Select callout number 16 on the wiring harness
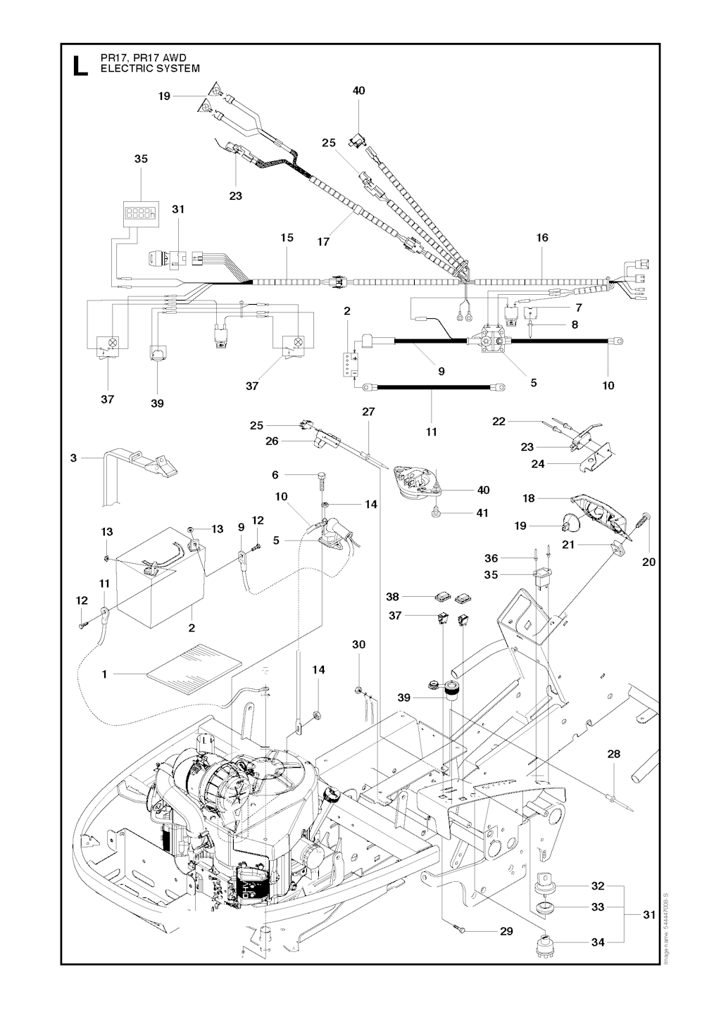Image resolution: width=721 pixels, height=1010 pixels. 542,238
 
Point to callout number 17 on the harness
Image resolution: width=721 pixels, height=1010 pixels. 323,242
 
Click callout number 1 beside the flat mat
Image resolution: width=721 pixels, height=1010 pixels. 104,674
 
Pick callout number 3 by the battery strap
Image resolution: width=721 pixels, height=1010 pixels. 73,458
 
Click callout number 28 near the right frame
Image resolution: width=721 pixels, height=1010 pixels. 614,755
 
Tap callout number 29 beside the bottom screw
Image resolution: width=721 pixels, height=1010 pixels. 506,931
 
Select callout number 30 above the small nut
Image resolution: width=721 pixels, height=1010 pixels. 359,645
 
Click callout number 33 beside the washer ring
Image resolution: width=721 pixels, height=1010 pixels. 598,907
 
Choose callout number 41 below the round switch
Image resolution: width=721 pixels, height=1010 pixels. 482,513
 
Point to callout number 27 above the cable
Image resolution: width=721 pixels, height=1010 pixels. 368,412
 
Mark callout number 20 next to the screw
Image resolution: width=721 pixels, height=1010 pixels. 648,561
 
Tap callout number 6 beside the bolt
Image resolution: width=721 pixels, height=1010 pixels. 275,476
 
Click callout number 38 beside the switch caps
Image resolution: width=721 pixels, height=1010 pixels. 393,596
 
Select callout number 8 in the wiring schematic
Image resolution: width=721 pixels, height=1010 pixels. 575,325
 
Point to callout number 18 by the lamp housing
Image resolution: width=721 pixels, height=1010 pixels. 529,498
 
